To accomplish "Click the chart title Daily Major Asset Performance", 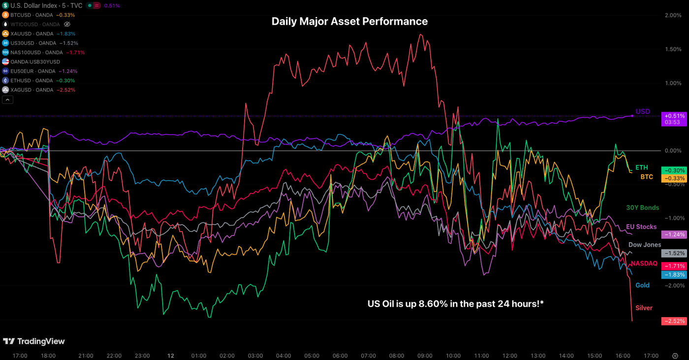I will pos(349,22).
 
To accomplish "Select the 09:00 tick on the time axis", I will pos(425,356).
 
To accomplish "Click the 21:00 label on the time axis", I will pos(86,356).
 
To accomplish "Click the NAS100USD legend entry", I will pos(34,52).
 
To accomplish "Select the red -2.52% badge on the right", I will pos(674,321).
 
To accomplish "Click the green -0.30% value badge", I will pos(674,170).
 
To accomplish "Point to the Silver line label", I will pos(644,308).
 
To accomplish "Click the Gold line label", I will pos(642,285).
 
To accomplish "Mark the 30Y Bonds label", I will pos(642,208).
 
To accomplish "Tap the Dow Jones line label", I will pos(645,245).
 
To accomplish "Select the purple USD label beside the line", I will pos(643,112).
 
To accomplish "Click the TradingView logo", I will pos(34,341).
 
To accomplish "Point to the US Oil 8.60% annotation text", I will pos(455,304).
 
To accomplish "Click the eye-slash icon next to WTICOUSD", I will pos(67,24).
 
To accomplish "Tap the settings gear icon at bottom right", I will pos(675,356).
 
